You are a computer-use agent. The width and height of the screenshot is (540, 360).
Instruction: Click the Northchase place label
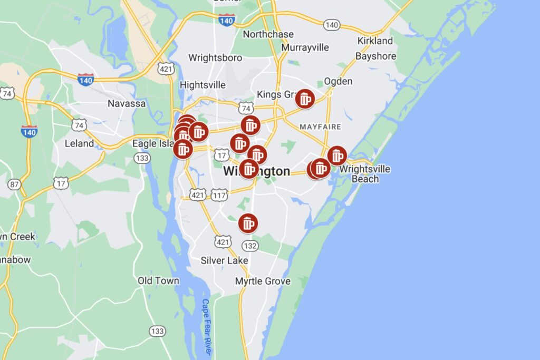point(268,34)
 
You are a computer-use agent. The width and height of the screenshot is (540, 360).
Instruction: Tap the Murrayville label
point(305,47)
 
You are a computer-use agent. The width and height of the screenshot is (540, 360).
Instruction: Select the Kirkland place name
point(375,41)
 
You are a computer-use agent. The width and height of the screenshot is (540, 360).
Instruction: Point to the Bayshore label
point(375,56)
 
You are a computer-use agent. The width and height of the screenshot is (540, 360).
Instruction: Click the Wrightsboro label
point(215,57)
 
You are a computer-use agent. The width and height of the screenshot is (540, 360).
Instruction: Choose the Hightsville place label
point(202,85)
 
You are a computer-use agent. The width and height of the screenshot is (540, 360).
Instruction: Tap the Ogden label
point(338,81)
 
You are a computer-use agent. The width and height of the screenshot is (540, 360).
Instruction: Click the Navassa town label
point(127,103)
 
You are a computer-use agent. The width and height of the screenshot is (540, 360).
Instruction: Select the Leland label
point(79,143)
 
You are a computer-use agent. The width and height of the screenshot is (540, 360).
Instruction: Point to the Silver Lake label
point(224,260)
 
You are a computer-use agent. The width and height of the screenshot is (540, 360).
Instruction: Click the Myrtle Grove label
point(263,281)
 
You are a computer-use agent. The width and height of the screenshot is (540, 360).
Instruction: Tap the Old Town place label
point(158,280)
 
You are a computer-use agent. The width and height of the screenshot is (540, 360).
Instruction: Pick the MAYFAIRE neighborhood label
point(320,127)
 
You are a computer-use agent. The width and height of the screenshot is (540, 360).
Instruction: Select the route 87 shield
point(14,184)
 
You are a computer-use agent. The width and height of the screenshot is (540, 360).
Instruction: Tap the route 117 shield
point(219,195)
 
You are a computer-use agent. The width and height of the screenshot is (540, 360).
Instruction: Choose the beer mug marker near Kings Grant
point(305,99)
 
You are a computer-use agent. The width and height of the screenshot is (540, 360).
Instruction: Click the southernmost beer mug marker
point(247,223)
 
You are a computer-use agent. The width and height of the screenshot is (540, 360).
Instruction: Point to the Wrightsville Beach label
point(365,174)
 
